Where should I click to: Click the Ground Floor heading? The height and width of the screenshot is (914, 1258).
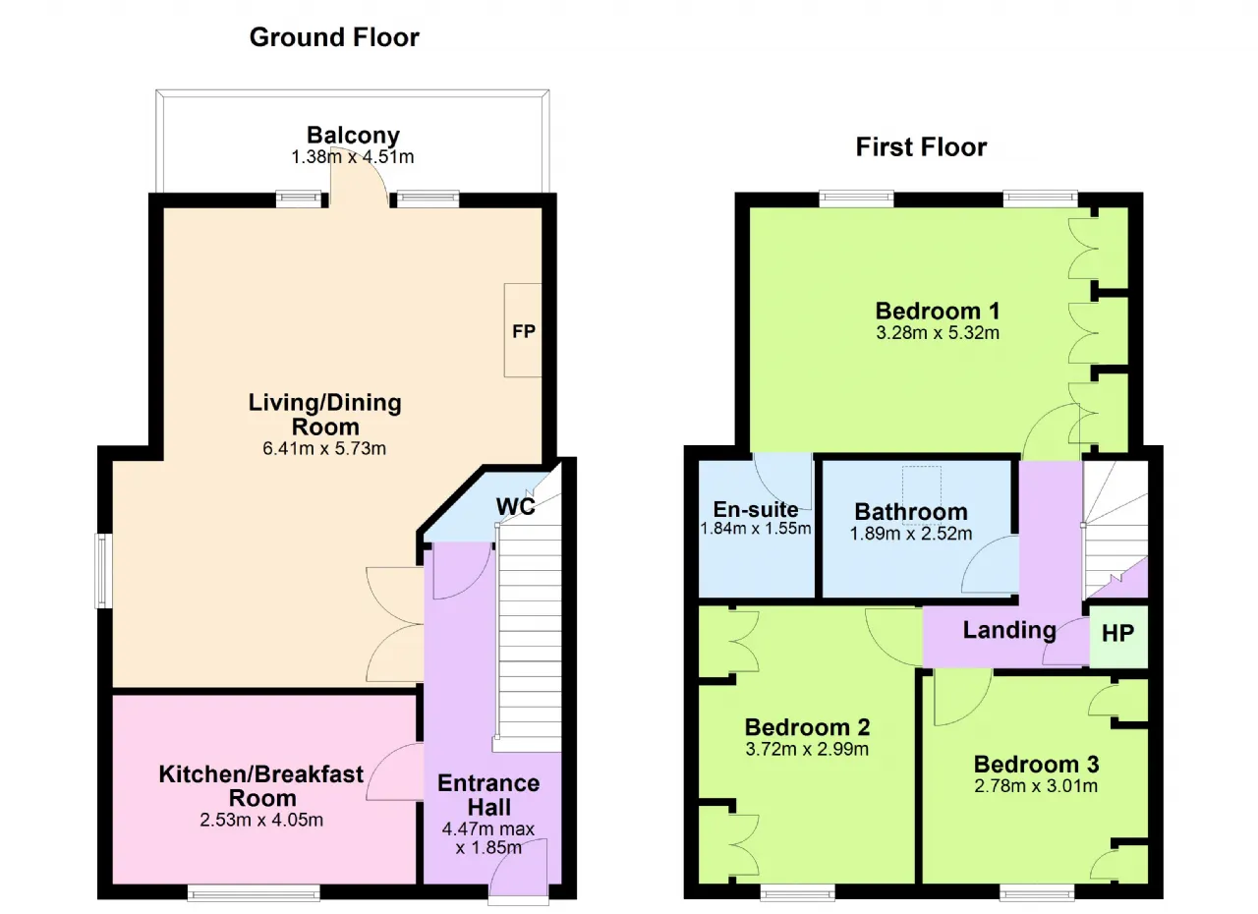click(334, 38)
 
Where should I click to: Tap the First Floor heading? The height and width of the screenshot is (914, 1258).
click(921, 147)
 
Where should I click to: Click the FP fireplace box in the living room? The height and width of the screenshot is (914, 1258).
click(523, 330)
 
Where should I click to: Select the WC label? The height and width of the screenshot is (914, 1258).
click(516, 506)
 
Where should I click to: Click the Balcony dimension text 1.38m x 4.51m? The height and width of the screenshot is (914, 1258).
click(353, 156)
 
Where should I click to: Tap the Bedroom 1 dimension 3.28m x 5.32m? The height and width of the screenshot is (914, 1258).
click(938, 333)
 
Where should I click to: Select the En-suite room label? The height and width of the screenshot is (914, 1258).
click(756, 509)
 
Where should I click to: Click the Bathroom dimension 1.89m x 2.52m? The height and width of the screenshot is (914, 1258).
click(911, 534)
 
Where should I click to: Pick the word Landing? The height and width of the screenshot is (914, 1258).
click(1009, 630)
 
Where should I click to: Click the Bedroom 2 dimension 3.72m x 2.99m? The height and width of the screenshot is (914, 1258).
click(807, 749)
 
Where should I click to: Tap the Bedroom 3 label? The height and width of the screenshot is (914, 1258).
click(1036, 764)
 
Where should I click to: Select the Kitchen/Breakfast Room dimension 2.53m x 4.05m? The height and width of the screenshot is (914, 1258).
click(261, 820)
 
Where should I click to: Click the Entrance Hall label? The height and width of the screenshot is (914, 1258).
click(488, 795)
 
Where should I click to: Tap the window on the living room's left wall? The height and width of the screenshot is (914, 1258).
click(103, 570)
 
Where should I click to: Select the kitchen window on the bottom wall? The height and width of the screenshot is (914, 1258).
click(254, 893)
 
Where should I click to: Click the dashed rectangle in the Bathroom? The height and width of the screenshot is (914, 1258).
click(922, 487)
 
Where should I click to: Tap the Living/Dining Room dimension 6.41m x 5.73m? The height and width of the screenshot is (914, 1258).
click(324, 448)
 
